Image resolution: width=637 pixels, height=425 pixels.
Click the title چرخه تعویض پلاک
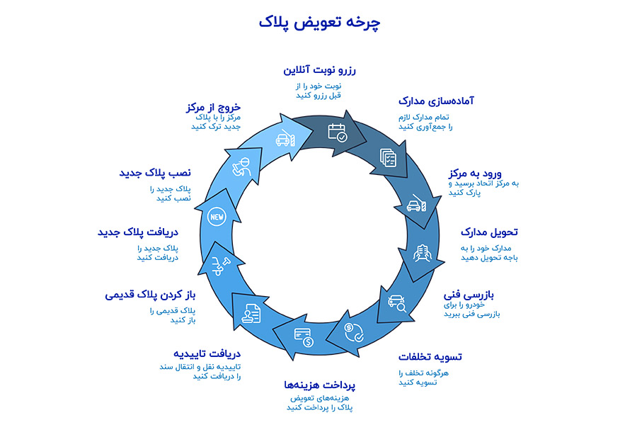319,23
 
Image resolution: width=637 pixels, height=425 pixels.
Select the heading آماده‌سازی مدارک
435,101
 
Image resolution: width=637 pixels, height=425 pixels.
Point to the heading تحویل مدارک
489,232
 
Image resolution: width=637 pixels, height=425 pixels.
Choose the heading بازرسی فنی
469,293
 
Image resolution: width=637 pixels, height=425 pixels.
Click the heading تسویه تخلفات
430,356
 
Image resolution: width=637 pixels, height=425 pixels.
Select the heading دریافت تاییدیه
207,353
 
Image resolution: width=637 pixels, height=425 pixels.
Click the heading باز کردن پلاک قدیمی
150,295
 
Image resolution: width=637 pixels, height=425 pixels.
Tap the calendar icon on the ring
338,132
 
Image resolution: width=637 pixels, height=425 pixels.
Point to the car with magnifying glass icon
397,305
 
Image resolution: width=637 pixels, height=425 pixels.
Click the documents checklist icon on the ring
388,157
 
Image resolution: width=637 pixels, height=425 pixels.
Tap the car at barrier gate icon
417,205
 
